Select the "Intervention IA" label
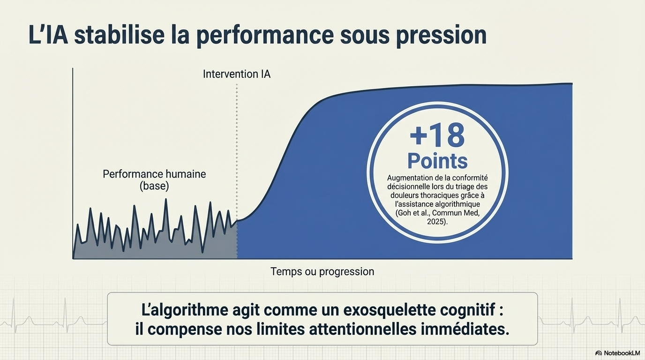click(237, 74)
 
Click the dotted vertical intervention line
click(237, 172)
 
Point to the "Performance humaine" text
click(154, 174)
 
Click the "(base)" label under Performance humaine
click(154, 186)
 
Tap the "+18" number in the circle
click(437, 135)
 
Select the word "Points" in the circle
click(437, 161)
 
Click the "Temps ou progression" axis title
click(322, 271)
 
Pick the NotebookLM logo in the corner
click(617, 353)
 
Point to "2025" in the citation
click(436, 222)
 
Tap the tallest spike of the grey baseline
click(166, 200)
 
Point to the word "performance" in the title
click(265, 36)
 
